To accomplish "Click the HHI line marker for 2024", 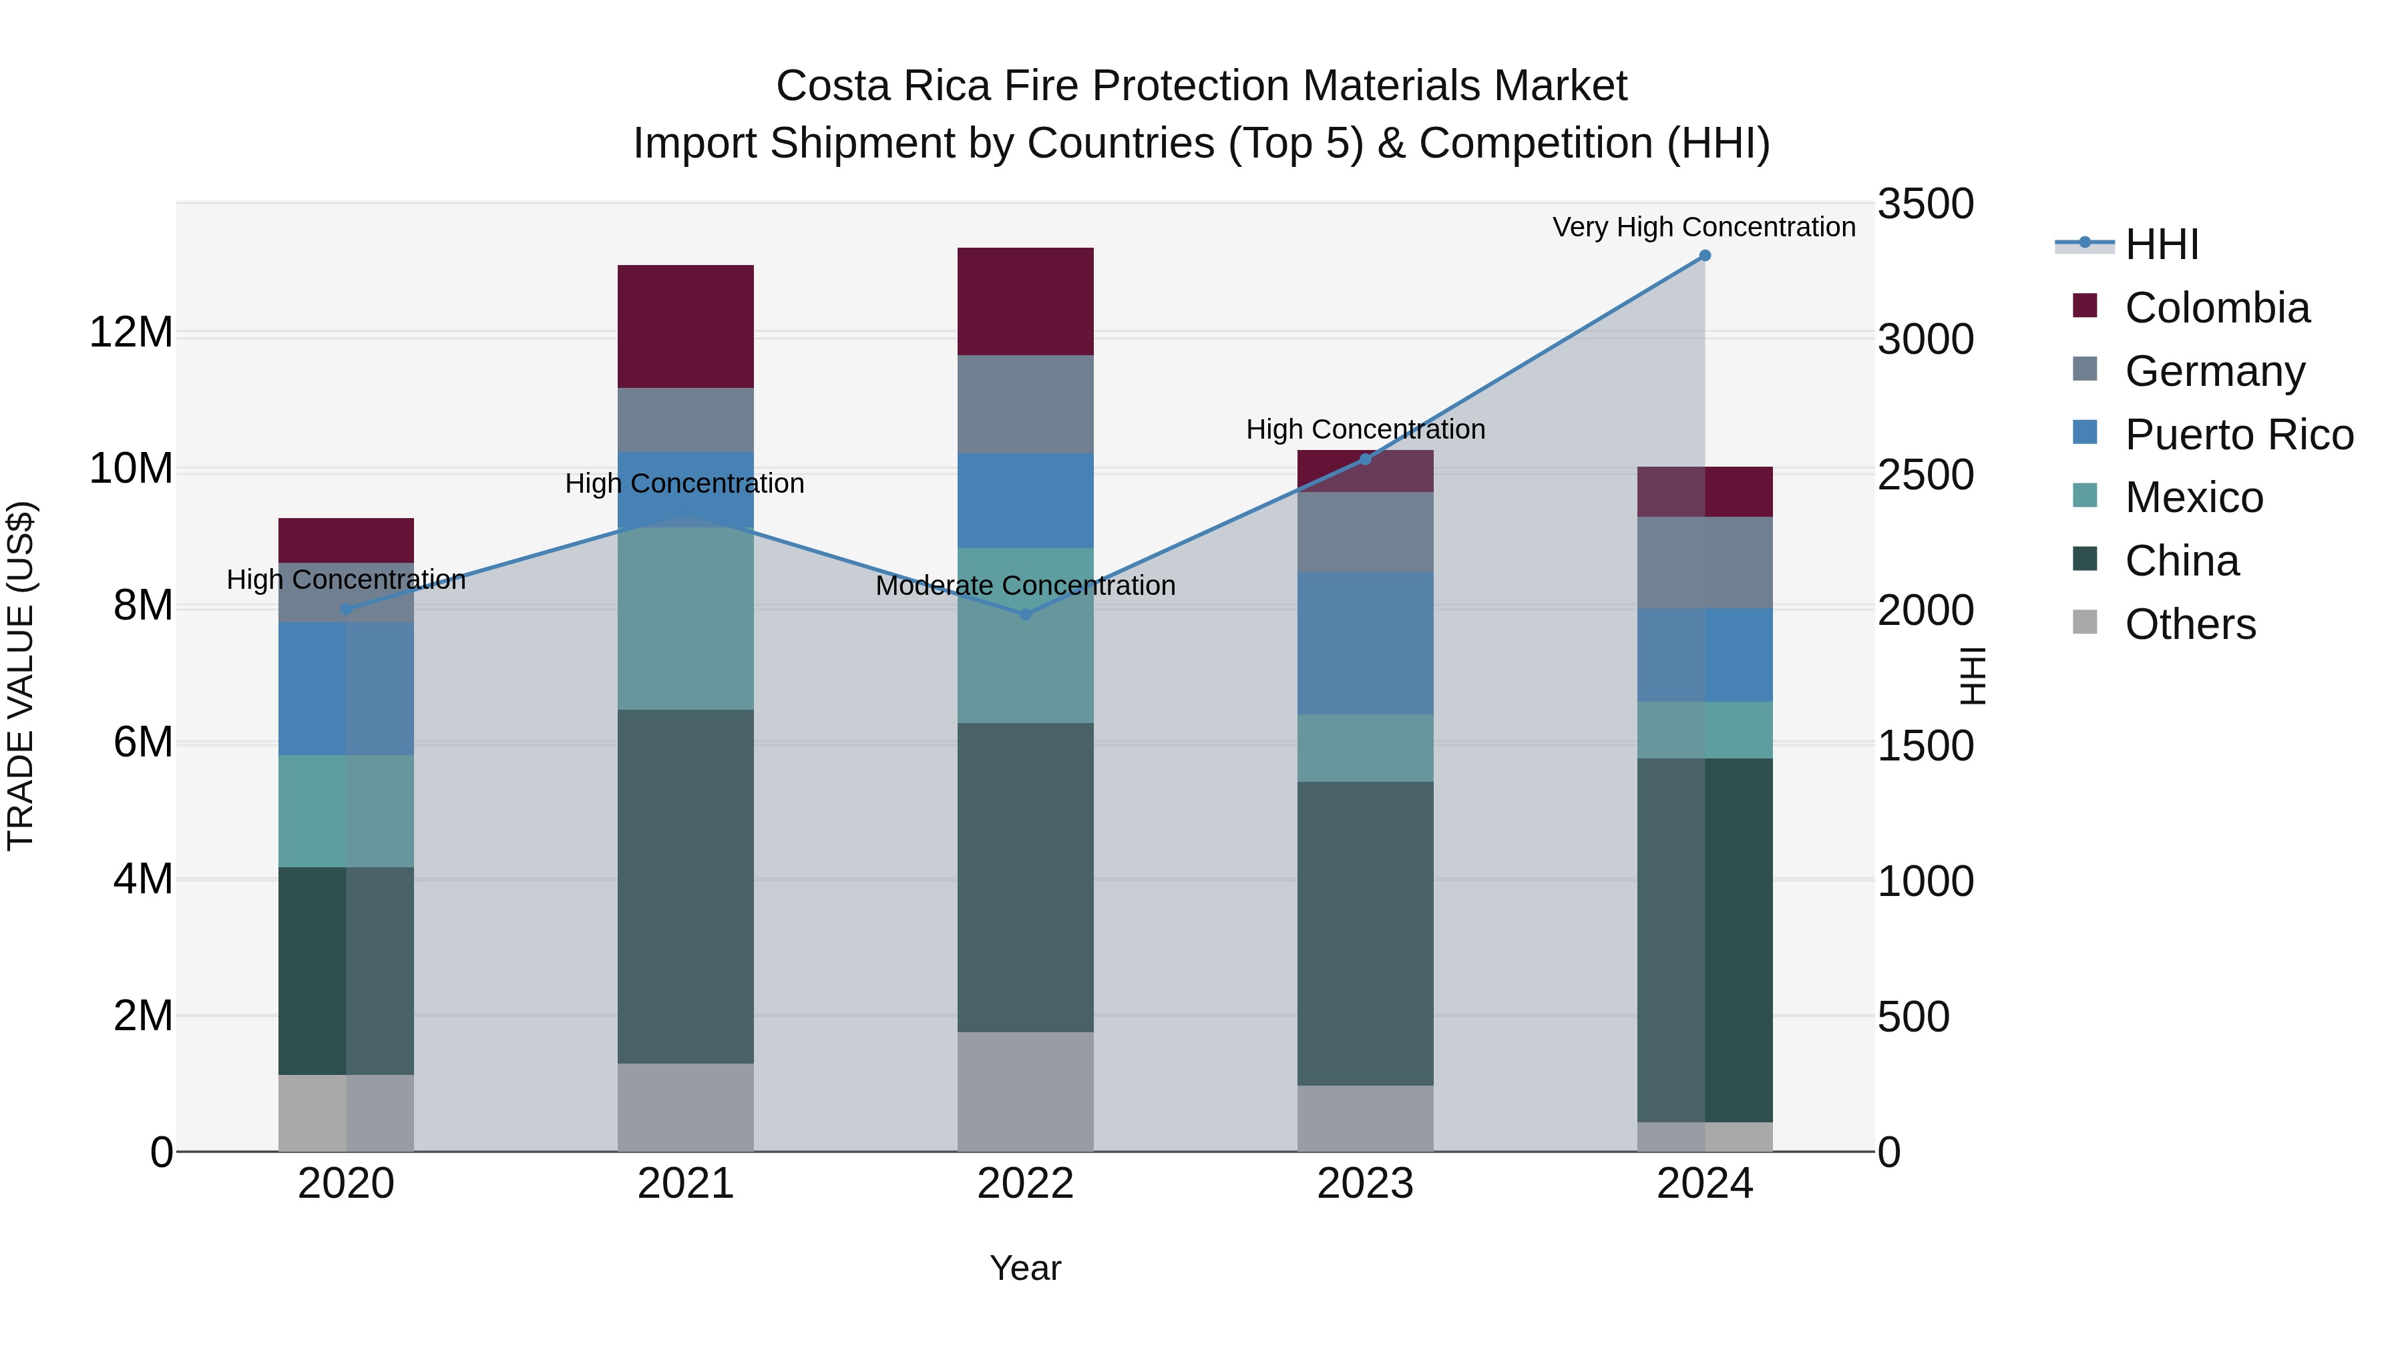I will pos(1704,256).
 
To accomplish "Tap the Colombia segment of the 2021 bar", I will pos(685,326).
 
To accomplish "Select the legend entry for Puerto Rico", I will pos(2238,435).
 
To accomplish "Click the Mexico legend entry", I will pos(2193,497).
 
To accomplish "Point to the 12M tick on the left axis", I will pos(131,332).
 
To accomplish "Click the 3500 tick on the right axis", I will pos(1925,204).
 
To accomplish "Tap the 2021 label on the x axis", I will pos(685,1184).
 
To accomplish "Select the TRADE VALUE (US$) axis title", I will pos(21,676).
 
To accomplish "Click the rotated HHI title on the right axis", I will pos(1971,676).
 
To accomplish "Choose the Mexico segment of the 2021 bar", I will pos(685,619).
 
